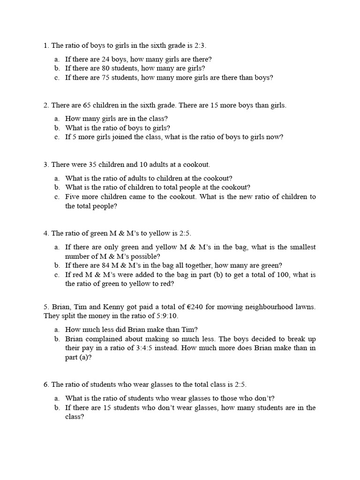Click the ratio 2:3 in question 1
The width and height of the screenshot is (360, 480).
199,45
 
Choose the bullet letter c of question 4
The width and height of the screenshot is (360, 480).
56,275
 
